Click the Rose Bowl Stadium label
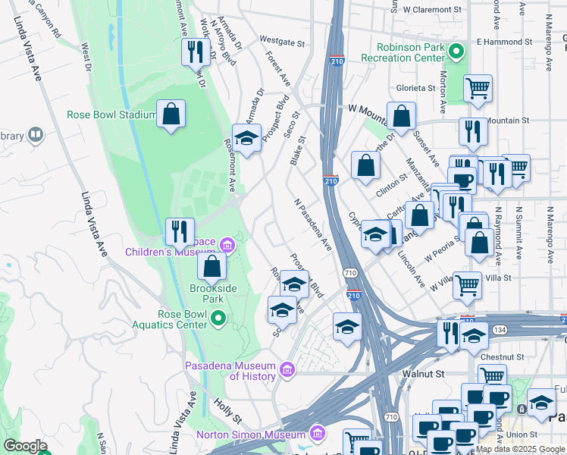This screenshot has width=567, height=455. click(111, 115)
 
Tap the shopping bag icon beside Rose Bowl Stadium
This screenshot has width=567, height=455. click(171, 115)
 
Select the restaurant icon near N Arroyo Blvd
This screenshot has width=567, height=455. click(196, 52)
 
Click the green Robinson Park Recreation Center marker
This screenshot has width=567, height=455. click(455, 52)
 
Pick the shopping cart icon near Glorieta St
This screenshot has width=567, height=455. click(478, 88)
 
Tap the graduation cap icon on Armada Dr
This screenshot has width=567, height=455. click(246, 138)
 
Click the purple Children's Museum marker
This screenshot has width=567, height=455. click(227, 244)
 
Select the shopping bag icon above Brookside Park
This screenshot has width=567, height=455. click(212, 266)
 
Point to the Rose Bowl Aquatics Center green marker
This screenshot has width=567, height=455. click(218, 318)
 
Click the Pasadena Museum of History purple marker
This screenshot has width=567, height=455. click(287, 370)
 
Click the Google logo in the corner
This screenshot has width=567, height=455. click(25, 445)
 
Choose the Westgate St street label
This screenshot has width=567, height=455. click(281, 39)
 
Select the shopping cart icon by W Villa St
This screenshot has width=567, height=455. click(467, 285)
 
